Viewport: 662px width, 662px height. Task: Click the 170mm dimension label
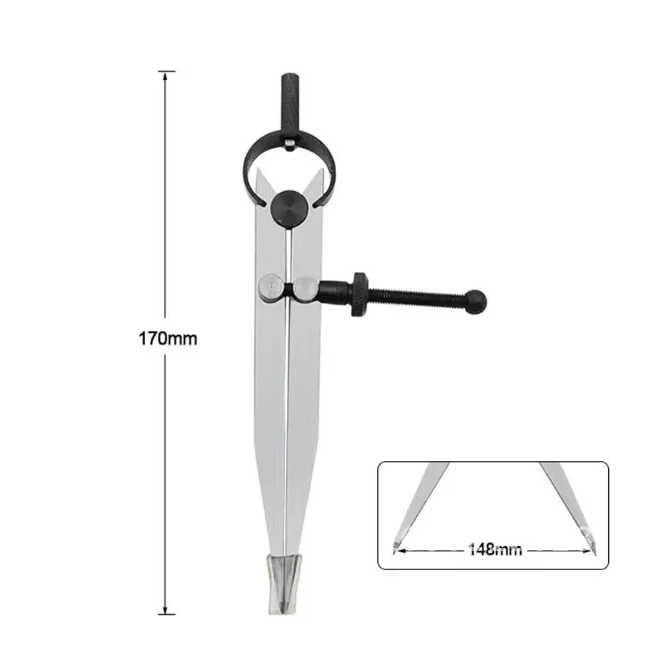click(168, 338)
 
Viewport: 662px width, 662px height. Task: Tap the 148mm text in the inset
click(495, 548)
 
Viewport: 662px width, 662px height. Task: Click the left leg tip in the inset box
click(393, 545)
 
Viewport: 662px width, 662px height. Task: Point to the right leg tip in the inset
click(593, 545)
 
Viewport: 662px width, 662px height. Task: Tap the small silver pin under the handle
click(288, 146)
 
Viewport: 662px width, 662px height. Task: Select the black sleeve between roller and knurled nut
click(333, 292)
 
